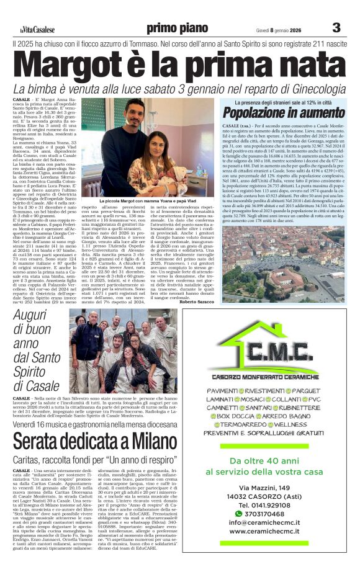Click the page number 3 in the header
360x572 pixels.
pos(336,27)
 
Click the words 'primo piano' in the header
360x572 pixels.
pos(177,28)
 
